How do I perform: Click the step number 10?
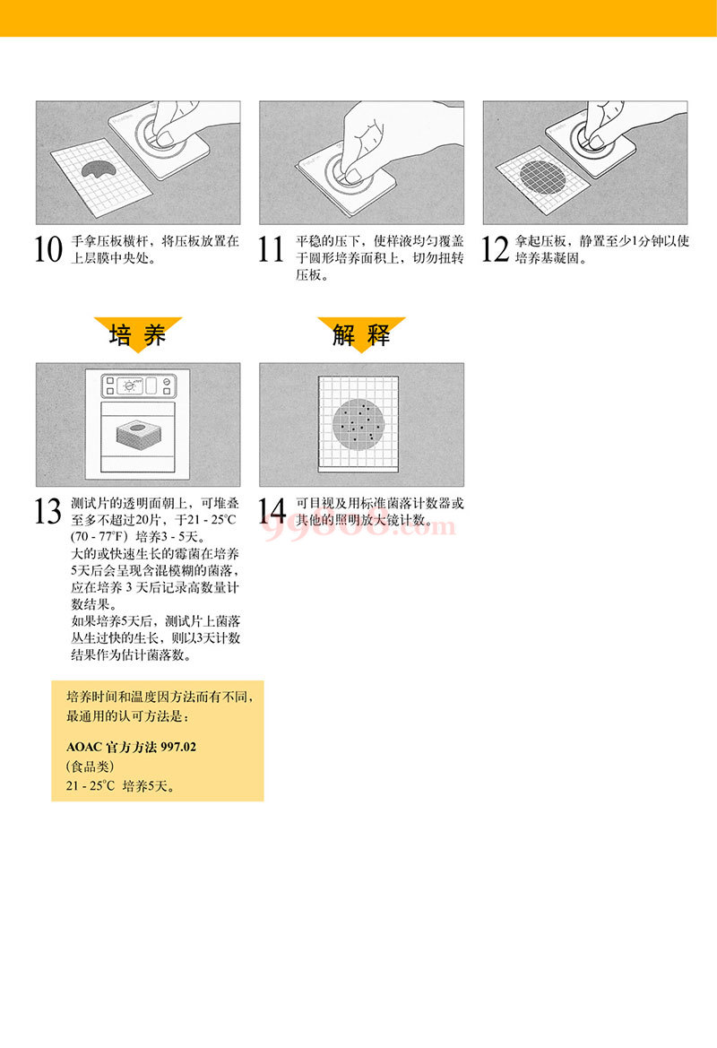pos(48,249)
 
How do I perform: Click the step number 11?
pos(272,249)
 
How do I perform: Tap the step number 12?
pos(495,249)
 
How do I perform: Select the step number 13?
pos(48,511)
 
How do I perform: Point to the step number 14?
pos(272,511)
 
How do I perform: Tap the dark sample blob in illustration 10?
pos(98,169)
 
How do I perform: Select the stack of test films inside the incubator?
pos(138,435)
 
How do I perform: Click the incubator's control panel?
pos(138,385)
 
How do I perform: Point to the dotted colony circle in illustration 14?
pos(358,424)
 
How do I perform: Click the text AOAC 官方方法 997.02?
pos(132,747)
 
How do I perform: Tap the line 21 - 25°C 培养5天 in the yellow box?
pos(121,786)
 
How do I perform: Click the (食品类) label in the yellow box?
pos(91,766)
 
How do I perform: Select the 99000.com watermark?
pos(358,526)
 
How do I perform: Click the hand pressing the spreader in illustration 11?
pos(394,137)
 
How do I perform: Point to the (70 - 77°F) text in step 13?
pos(99,537)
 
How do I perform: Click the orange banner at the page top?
pos(358,18)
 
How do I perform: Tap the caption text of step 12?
pos(601,249)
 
